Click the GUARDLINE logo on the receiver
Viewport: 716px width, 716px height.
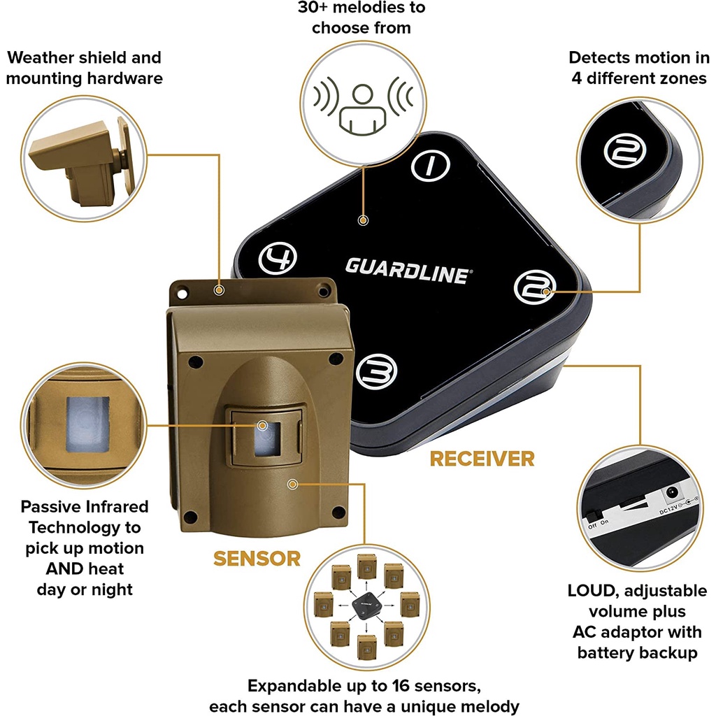tap(407, 270)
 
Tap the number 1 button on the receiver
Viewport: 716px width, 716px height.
tap(430, 164)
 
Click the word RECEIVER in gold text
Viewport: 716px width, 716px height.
tap(482, 459)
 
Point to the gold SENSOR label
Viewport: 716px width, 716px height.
tap(257, 559)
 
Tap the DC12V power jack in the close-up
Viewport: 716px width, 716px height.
tap(675, 492)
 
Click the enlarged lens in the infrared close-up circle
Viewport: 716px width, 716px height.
tap(88, 427)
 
